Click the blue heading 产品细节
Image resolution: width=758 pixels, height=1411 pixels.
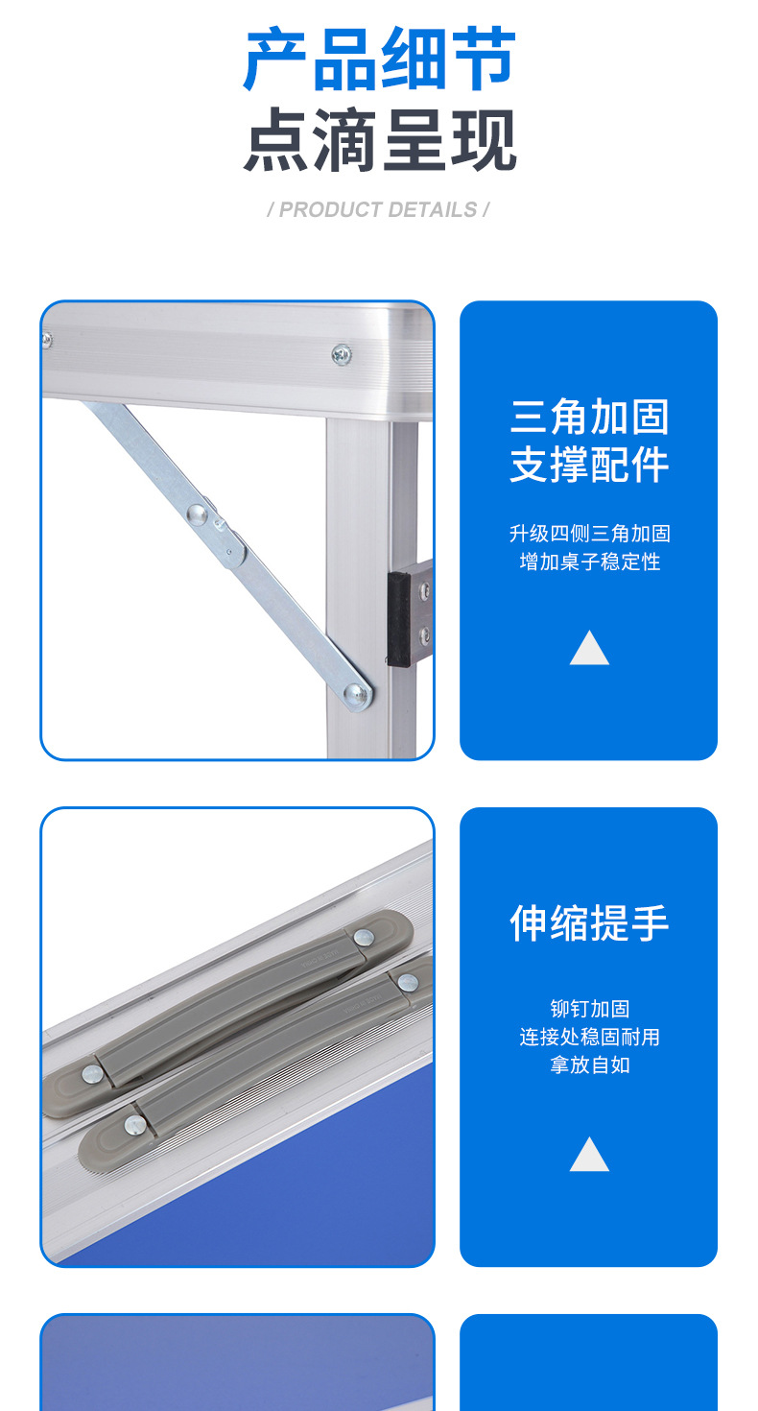(380, 59)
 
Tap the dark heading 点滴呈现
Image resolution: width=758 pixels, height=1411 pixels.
(380, 139)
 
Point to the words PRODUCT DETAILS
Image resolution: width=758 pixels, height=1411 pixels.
(378, 210)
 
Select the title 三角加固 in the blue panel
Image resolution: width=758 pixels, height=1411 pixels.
(588, 417)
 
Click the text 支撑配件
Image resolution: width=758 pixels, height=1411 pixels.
(588, 465)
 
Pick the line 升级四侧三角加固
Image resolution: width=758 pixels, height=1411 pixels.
(590, 534)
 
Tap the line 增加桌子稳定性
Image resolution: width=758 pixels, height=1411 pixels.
(590, 562)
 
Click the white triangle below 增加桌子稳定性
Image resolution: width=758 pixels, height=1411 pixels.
(589, 648)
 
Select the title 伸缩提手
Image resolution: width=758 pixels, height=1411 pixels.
(588, 923)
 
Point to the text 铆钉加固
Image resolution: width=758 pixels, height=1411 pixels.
(590, 1009)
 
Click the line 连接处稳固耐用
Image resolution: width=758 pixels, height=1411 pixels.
(590, 1037)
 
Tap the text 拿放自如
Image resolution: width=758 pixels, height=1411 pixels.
(590, 1064)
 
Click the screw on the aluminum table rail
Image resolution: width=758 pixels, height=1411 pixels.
(342, 354)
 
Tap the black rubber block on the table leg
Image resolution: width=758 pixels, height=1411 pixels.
(398, 619)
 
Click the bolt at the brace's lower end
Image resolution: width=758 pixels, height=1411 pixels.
(356, 695)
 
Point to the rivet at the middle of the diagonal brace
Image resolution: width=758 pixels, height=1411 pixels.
(197, 514)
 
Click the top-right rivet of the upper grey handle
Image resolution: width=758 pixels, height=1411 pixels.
(364, 938)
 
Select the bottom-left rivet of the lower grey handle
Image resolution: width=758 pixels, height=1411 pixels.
(134, 1125)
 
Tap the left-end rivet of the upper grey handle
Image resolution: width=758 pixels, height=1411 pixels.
(92, 1074)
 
